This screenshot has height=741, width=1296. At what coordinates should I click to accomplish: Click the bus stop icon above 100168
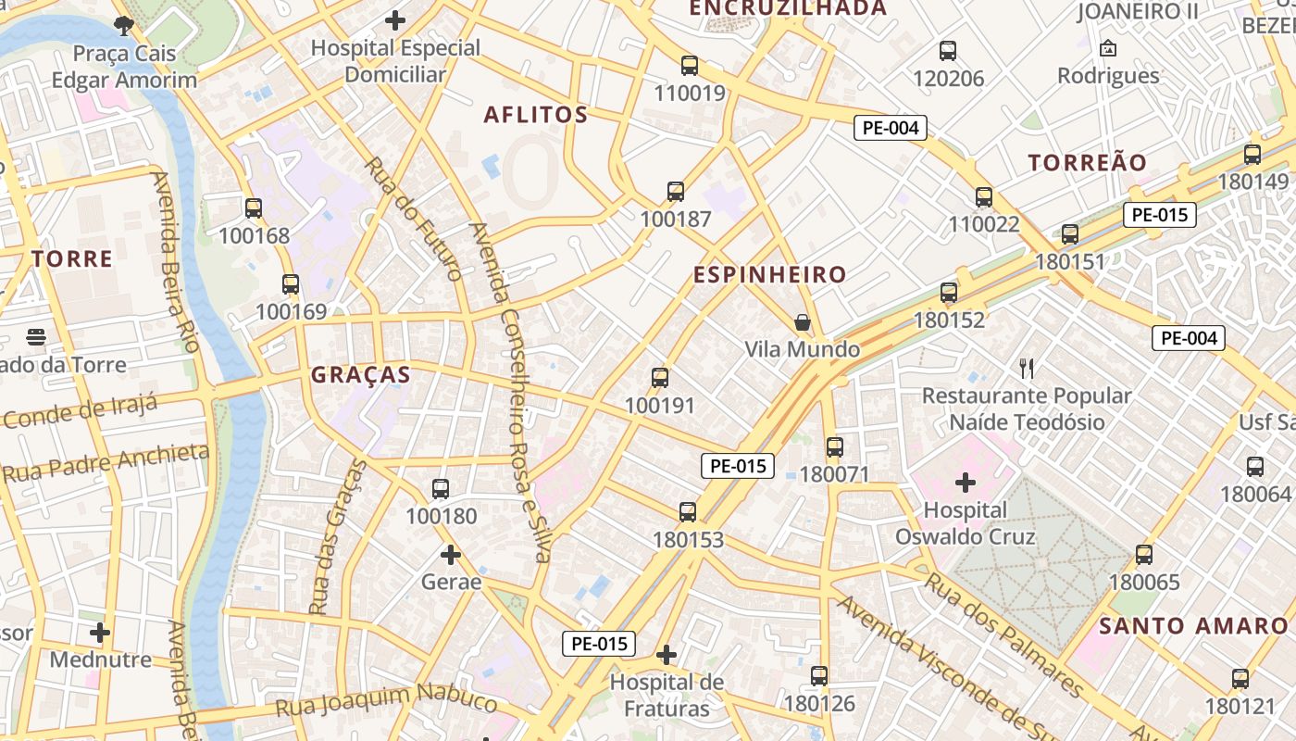coord(254,208)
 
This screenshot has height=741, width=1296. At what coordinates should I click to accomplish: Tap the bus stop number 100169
coord(292,312)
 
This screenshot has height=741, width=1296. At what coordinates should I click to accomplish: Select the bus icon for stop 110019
coord(690,66)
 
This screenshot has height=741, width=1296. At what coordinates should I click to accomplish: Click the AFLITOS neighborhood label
coord(536,115)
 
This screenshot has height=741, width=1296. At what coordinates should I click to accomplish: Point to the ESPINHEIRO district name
coord(770,275)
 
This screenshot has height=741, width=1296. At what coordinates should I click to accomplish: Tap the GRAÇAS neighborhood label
coord(360,375)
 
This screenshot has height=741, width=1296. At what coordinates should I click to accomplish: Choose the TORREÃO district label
coord(1088,163)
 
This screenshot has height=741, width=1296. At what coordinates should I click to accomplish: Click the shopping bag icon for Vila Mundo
coord(803,322)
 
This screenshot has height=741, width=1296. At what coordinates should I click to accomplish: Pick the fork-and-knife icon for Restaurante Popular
coord(1026,369)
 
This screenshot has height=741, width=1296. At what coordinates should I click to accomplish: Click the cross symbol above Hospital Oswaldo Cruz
coord(966,483)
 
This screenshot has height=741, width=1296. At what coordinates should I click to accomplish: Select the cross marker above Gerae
coord(451,555)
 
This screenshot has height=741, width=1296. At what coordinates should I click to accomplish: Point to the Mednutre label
coord(100,659)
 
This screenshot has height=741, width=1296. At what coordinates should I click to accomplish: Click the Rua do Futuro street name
coord(414,218)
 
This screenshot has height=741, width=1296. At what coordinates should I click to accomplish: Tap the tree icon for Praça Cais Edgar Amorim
coord(123,25)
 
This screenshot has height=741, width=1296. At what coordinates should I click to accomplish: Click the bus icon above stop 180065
coord(1144,555)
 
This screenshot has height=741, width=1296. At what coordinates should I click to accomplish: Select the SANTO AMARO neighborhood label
coord(1193,626)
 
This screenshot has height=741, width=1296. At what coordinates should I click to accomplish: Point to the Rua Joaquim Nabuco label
coord(386,701)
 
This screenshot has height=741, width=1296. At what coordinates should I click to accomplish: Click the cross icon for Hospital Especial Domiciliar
coord(395,19)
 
